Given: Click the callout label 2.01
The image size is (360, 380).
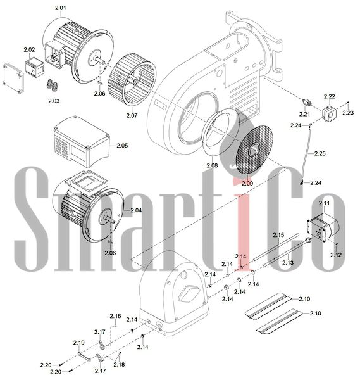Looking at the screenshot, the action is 61,8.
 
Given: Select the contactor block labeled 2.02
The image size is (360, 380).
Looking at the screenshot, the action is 35,66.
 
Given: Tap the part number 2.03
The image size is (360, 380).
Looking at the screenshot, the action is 54,101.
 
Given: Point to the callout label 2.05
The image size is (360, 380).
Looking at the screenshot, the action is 122,146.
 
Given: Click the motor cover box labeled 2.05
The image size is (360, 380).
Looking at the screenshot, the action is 82,142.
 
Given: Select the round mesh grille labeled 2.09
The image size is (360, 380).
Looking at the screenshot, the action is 254,149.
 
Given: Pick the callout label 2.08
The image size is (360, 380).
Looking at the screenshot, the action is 212,165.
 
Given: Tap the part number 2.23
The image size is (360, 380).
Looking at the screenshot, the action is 348,113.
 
